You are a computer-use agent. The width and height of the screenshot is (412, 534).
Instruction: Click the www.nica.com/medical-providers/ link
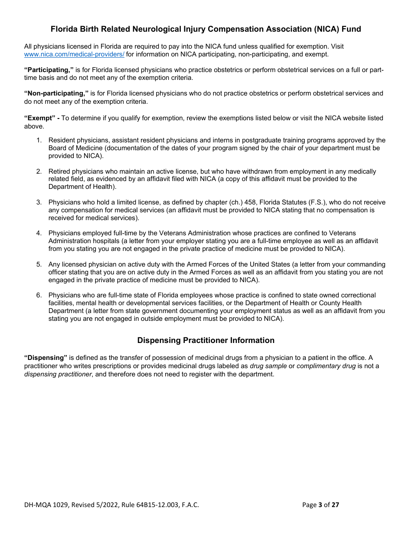(x=74, y=54)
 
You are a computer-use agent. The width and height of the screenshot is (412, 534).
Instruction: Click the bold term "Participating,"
(x=49, y=70)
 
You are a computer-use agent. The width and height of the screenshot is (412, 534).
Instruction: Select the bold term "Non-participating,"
(x=56, y=93)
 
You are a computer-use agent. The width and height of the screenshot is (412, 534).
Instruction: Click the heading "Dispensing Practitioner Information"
(x=206, y=340)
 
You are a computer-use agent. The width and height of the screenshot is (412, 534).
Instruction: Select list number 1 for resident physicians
(x=39, y=140)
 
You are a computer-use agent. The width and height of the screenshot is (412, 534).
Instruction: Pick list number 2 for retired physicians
(x=39, y=171)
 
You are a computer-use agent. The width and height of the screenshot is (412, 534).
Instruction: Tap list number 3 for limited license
(x=39, y=202)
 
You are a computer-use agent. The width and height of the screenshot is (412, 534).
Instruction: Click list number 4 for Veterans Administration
(x=39, y=233)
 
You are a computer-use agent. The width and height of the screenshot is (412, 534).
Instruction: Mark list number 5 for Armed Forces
(x=39, y=264)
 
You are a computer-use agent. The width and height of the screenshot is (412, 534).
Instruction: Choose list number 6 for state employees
(x=39, y=295)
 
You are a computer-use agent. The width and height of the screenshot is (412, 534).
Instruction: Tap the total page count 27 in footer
(x=335, y=504)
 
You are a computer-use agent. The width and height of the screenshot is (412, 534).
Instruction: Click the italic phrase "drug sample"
(x=268, y=366)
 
